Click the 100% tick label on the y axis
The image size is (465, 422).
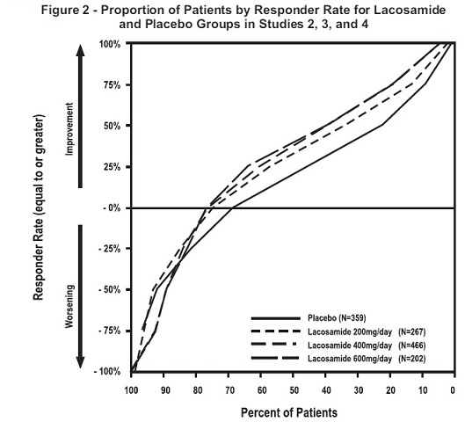[110, 44]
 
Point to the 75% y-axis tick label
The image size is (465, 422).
[112, 85]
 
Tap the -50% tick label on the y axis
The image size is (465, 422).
[110, 289]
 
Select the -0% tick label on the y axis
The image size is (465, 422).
[112, 208]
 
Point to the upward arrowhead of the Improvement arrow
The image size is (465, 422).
[82, 50]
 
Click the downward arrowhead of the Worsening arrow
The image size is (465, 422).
[82, 364]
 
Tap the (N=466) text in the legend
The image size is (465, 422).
[414, 346]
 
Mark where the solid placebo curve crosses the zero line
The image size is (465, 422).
[232, 207]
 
